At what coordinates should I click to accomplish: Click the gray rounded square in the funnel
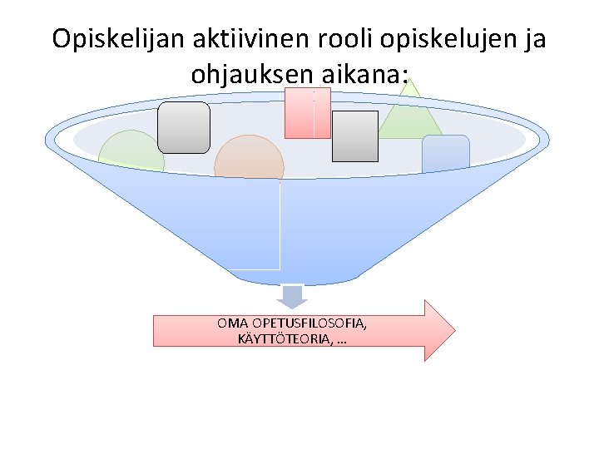(x=184, y=127)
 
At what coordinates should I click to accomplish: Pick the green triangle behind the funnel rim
(x=411, y=116)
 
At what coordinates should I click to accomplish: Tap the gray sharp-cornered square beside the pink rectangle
(x=355, y=136)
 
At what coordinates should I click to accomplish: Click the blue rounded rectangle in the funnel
(x=446, y=153)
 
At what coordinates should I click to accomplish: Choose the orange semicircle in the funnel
(x=250, y=158)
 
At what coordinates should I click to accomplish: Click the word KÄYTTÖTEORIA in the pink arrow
(x=286, y=338)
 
